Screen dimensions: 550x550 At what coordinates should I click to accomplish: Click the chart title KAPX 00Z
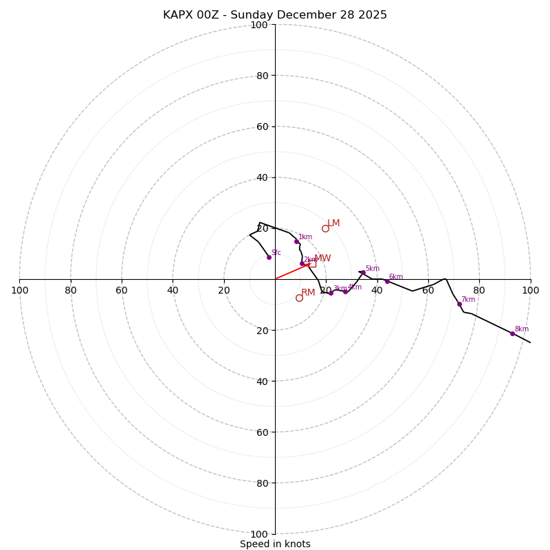pyautogui.click(x=275, y=15)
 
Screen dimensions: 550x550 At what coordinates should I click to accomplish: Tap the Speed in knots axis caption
pyautogui.click(x=275, y=544)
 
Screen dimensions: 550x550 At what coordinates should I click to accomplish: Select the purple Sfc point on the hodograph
pyautogui.click(x=269, y=257)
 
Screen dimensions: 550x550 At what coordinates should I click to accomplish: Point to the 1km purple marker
pyautogui.click(x=296, y=241)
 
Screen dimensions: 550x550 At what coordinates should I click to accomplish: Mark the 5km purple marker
pyautogui.click(x=363, y=272)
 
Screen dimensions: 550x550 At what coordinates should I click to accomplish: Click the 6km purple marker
pyautogui.click(x=387, y=281)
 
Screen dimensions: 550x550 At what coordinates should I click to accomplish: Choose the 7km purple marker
pyautogui.click(x=459, y=304)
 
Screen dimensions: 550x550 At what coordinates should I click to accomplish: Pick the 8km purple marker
pyautogui.click(x=512, y=333)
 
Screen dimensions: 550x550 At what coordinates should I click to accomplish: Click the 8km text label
pyautogui.click(x=522, y=329)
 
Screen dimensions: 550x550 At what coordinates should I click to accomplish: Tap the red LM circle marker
pyautogui.click(x=325, y=228)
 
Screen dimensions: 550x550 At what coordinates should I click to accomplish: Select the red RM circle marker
pyautogui.click(x=299, y=298)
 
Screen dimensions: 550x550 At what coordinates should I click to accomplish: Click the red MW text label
pyautogui.click(x=322, y=258)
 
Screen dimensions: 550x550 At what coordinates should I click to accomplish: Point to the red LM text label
pyautogui.click(x=333, y=223)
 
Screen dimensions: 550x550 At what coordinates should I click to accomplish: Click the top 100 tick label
pyautogui.click(x=259, y=25)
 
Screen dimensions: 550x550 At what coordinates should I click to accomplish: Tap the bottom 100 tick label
pyautogui.click(x=259, y=534)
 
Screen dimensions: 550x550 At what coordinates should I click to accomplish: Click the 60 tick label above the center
pyautogui.click(x=262, y=127)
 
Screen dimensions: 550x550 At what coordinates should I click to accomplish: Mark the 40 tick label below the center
pyautogui.click(x=262, y=382)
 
